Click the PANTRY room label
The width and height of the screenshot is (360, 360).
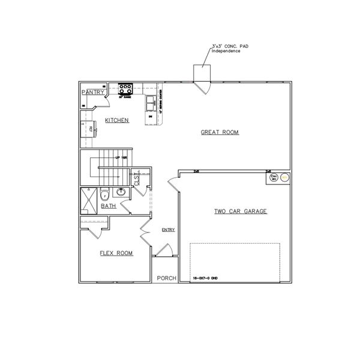[x=92, y=92]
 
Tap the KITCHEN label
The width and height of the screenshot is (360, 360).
[x=117, y=121]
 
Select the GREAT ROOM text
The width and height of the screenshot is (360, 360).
[x=220, y=133]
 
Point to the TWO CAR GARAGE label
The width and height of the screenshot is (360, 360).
[x=241, y=211]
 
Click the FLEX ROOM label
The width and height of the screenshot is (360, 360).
[x=116, y=253]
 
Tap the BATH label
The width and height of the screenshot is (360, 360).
[x=109, y=206]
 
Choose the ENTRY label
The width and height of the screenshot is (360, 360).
[x=168, y=230]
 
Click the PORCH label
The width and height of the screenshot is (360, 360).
[x=166, y=278]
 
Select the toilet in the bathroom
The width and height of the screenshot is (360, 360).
[x=104, y=194]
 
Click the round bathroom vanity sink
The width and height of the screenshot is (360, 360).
[x=121, y=192]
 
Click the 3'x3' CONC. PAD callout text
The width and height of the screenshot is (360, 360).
[x=226, y=49]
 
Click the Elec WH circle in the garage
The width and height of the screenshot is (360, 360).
[x=274, y=178]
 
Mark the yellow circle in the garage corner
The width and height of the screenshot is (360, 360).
[x=286, y=178]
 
